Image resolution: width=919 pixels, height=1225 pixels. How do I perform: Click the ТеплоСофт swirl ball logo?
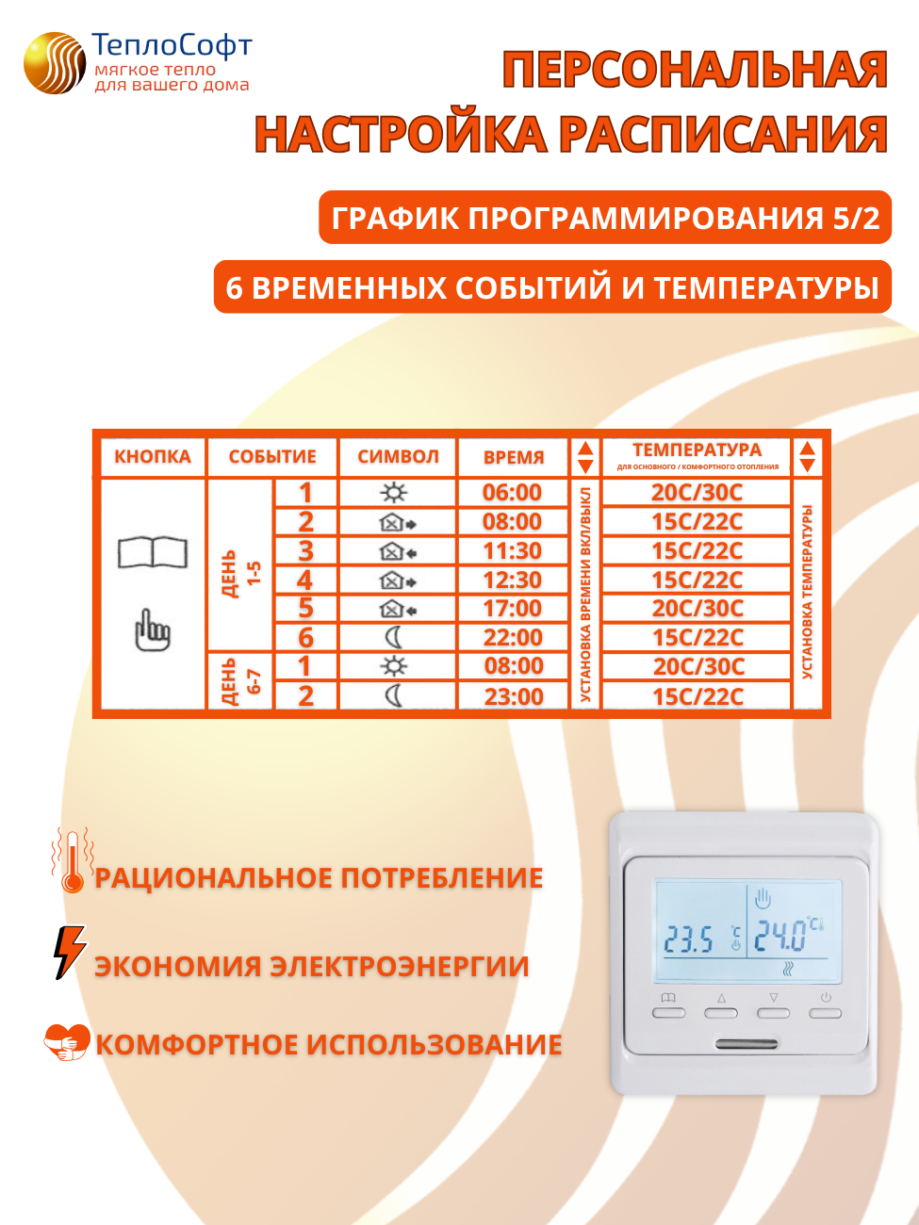click(x=55, y=63)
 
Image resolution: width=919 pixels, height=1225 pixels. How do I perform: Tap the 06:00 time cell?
click(x=512, y=493)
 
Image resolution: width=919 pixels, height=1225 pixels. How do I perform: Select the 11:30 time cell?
click(x=512, y=551)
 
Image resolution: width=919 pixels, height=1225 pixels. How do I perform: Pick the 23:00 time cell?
click(x=514, y=696)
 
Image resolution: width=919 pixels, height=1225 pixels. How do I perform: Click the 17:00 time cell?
click(x=512, y=609)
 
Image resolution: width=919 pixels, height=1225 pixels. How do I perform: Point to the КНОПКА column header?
click(x=153, y=457)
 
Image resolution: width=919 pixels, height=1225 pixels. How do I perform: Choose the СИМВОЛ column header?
click(x=398, y=457)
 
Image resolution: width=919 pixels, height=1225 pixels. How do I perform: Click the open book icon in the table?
click(x=153, y=552)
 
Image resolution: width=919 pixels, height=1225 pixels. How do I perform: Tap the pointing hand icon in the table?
click(x=153, y=629)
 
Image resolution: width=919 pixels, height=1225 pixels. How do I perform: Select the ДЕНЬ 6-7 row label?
click(x=240, y=681)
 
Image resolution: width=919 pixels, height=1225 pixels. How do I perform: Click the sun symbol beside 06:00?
click(x=394, y=493)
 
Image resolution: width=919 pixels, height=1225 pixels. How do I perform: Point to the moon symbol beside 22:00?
click(x=394, y=638)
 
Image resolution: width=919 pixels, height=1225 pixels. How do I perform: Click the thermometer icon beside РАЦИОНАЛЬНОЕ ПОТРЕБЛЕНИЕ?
click(x=73, y=860)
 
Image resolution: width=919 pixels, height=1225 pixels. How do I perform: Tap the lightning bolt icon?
click(x=69, y=952)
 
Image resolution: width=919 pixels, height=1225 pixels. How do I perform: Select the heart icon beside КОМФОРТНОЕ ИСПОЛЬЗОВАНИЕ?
click(x=67, y=1042)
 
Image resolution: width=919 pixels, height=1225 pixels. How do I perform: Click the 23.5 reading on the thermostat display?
click(x=689, y=939)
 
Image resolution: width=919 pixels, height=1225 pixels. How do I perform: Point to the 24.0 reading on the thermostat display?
click(x=780, y=937)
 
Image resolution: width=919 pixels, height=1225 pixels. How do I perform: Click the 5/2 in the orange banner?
click(x=856, y=218)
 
